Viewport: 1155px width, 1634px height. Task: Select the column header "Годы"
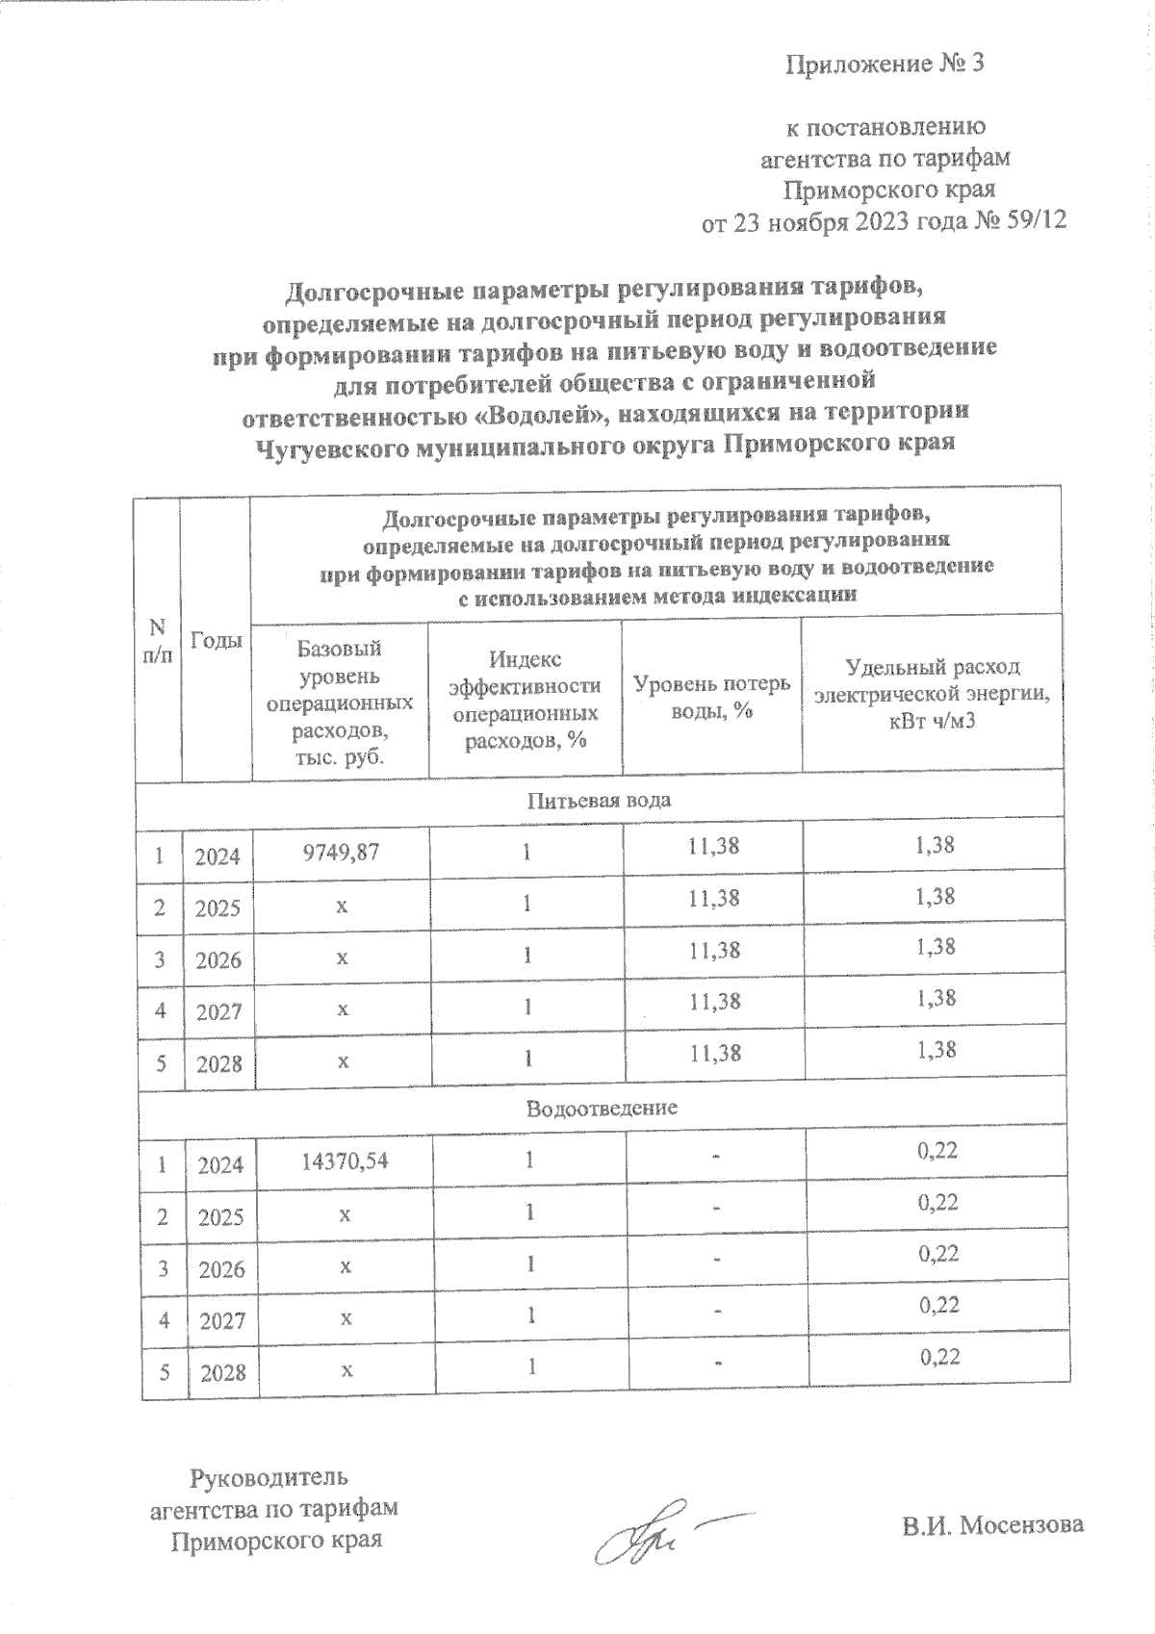(x=217, y=640)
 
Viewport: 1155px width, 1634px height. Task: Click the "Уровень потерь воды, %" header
(x=711, y=696)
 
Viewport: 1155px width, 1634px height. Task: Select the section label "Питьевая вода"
(x=600, y=800)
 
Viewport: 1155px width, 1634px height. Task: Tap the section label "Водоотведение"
(x=602, y=1108)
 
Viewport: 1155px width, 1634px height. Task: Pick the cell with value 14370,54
(x=344, y=1161)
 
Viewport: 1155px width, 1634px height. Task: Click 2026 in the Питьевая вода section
(x=218, y=960)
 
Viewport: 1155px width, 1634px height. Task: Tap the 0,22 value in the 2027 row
(x=938, y=1305)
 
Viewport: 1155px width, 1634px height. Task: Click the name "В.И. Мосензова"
(x=992, y=1525)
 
